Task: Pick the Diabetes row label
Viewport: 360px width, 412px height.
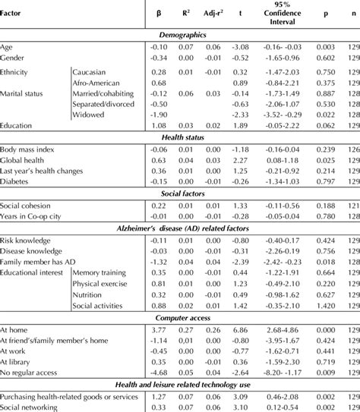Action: tap(17, 181)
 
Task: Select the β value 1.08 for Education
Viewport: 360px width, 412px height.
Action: tap(159, 125)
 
